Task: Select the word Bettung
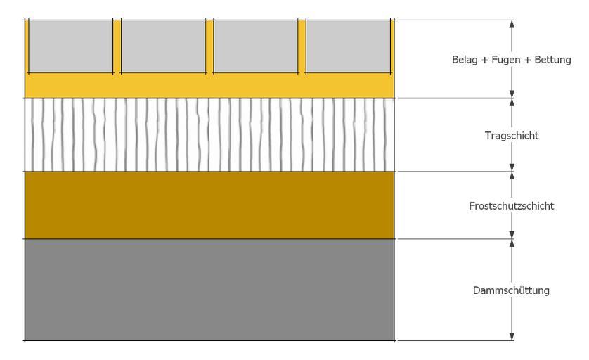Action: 552,60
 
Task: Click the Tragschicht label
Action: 511,136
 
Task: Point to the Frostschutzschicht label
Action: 511,206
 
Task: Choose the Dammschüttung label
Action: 511,290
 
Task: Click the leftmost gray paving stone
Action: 70,46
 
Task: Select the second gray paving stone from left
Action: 163,46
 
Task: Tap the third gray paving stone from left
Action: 256,46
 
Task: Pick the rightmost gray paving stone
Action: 348,46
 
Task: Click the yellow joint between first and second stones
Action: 117,46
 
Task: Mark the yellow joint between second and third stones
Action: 209,46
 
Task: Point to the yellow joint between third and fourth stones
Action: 302,46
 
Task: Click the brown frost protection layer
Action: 209,205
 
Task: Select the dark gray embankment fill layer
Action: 209,290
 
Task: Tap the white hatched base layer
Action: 209,135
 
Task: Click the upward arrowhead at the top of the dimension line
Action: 512,24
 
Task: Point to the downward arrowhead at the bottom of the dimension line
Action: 512,337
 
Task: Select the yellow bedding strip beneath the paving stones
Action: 209,86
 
